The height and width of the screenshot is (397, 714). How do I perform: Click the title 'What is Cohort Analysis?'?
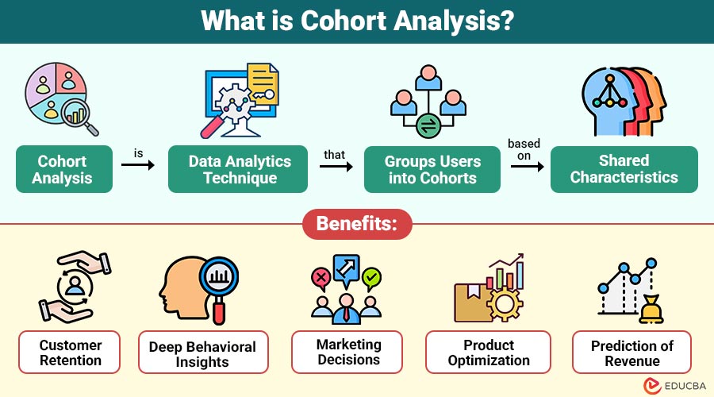point(357,21)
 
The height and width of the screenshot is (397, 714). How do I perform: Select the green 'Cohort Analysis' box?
point(63,169)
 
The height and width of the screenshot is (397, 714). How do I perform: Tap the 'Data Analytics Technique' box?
point(239,169)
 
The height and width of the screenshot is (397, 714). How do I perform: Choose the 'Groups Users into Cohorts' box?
point(432,169)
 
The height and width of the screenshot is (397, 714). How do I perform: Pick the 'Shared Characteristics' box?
point(624,169)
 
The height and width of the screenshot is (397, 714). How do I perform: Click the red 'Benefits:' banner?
point(357,225)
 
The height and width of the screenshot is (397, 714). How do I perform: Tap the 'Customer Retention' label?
point(71,353)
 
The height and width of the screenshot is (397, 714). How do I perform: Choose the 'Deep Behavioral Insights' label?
point(202,354)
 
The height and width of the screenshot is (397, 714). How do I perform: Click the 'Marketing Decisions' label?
point(348,352)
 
